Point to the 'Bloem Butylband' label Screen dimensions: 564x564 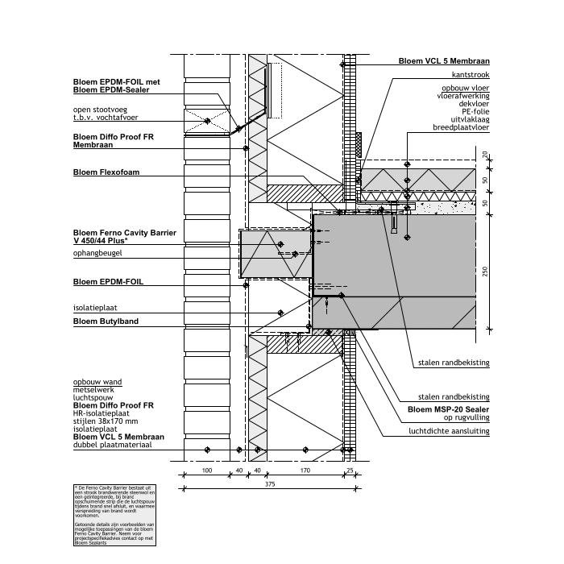(106, 321)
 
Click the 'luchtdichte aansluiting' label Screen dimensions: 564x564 (449, 430)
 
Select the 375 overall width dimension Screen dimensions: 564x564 (269, 484)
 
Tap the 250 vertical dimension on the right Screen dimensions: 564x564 (485, 272)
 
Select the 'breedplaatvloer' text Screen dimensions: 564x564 (462, 127)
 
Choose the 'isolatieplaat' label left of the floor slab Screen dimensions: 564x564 (95, 308)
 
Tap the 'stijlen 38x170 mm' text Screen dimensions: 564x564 (106, 421)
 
